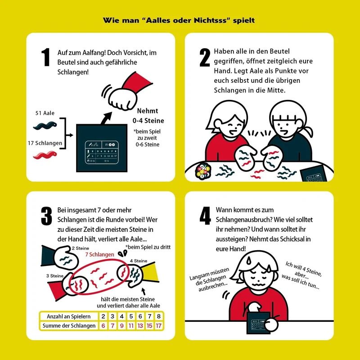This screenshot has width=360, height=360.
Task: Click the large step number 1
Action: click(x=46, y=57)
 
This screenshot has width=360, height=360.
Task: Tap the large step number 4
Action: click(x=205, y=216)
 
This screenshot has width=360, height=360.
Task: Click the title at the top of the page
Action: click(x=179, y=20)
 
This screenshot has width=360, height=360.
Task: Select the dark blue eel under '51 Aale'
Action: click(x=45, y=126)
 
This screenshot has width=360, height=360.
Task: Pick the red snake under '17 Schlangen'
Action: click(x=45, y=155)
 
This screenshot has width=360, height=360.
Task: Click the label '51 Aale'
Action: click(x=45, y=113)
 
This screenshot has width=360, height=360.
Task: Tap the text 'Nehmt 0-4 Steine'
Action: click(x=148, y=116)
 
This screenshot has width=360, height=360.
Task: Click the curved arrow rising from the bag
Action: click(x=106, y=118)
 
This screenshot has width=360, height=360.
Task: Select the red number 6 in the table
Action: click(x=103, y=325)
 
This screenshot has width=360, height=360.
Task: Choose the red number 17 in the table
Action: click(x=159, y=325)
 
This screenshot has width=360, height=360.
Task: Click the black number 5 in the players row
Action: click(x=131, y=316)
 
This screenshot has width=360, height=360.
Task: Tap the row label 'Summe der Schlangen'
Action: click(x=69, y=325)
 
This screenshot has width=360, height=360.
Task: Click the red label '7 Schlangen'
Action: click(x=99, y=254)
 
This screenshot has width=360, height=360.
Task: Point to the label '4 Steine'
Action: click(x=139, y=261)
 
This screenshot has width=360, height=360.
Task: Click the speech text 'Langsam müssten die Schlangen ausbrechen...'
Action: click(x=209, y=279)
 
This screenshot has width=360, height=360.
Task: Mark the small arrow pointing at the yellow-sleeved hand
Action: click(x=144, y=291)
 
